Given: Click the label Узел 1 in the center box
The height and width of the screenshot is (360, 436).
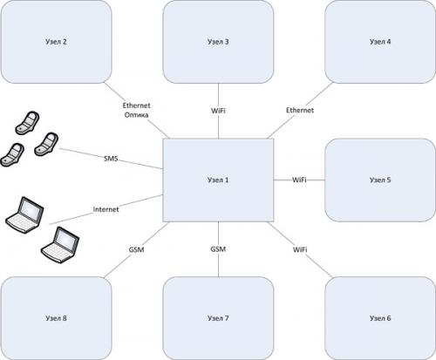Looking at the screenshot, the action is click(x=218, y=180).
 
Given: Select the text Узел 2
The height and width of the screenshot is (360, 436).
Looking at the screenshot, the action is click(x=56, y=42).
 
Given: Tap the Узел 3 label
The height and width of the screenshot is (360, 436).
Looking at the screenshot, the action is click(x=218, y=42).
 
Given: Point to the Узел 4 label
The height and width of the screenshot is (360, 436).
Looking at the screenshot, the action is click(x=380, y=42).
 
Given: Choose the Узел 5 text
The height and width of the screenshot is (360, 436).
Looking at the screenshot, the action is click(x=380, y=180).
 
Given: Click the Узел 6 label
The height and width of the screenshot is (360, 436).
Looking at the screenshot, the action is click(x=380, y=318).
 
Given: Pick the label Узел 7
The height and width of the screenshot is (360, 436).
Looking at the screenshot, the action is click(x=218, y=318).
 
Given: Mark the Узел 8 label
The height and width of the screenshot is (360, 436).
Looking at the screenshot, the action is click(x=56, y=318).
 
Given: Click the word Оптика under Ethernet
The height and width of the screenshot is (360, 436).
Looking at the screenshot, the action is click(x=136, y=115).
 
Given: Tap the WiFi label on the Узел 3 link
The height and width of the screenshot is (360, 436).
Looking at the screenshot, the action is click(x=218, y=111).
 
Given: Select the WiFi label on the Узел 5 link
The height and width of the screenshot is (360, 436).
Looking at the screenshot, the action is click(x=299, y=180).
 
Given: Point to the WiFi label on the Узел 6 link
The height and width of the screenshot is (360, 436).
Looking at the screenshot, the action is click(x=300, y=249).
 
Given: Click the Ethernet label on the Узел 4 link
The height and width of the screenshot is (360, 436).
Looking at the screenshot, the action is click(x=300, y=111).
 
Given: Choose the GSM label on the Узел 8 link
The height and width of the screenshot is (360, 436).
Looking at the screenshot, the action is click(x=136, y=250).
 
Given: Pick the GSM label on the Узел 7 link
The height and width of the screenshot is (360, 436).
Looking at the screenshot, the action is click(x=218, y=249).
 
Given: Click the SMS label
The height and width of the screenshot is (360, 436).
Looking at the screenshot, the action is click(x=111, y=159).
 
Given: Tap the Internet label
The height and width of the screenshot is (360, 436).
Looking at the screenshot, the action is click(x=106, y=209).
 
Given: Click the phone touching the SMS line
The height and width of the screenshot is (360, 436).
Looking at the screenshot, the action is click(x=46, y=145).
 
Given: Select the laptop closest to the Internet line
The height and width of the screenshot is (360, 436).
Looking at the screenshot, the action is click(x=25, y=214).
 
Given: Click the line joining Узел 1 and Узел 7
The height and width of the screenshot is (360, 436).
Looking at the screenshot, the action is click(x=218, y=249).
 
